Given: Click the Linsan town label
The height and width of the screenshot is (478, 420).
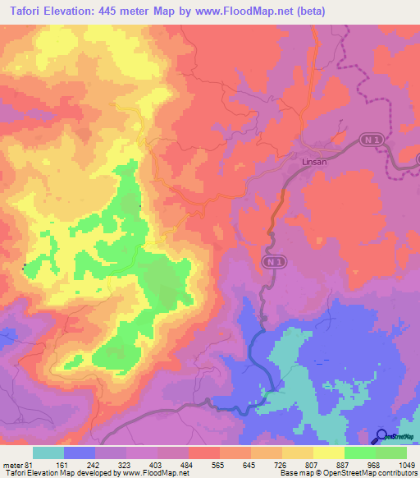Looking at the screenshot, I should (x=309, y=162).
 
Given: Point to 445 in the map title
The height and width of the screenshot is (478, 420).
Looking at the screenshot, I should (x=123, y=11).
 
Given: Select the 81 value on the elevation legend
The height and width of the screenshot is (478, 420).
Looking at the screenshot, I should (x=30, y=465).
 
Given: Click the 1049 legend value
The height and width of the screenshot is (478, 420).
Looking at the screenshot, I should (x=404, y=465).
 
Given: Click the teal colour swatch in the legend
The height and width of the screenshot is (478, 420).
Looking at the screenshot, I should (x=48, y=453).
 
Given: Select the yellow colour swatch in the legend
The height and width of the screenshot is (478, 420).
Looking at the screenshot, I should (x=329, y=453).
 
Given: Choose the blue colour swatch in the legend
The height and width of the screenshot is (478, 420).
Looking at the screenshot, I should (x=80, y=453).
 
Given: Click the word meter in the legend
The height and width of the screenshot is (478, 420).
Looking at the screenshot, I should (x=11, y=465).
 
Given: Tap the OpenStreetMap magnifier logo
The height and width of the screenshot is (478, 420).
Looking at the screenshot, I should (x=381, y=436).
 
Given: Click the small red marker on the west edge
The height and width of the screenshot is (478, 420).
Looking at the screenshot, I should (x=24, y=264).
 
